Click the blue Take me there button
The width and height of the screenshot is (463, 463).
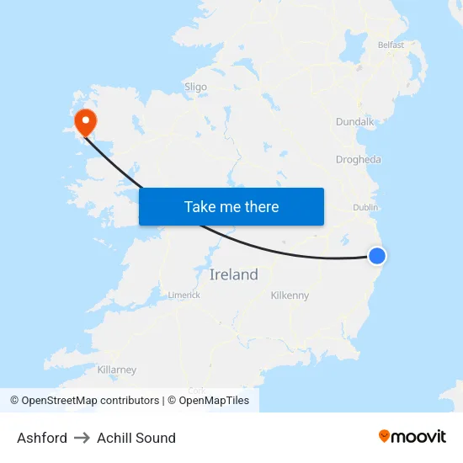(231, 206)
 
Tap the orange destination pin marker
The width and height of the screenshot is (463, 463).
(85, 122)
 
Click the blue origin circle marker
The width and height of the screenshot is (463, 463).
(377, 256)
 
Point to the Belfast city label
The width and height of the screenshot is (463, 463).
(391, 45)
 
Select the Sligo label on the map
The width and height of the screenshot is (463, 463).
(195, 87)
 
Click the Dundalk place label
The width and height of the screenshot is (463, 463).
(354, 122)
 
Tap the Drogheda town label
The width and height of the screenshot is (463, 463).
(359, 160)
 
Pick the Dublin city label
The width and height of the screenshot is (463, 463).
(366, 207)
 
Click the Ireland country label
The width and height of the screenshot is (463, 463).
(233, 275)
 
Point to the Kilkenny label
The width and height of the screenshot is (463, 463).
(290, 295)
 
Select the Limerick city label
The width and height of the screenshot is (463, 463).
(184, 295)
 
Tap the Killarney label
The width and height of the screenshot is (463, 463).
(117, 370)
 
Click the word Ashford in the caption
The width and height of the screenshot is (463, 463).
(42, 438)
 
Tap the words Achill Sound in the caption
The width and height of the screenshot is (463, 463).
(136, 438)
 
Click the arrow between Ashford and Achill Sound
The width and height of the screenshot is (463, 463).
(82, 438)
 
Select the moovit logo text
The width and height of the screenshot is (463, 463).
(419, 436)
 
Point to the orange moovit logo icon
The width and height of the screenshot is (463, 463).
(385, 436)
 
